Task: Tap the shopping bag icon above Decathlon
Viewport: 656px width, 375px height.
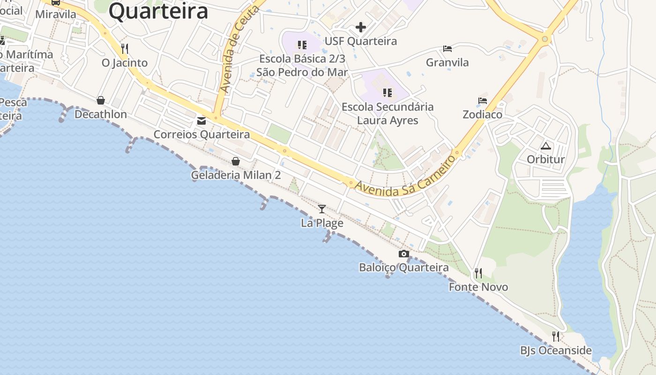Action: coord(101,100)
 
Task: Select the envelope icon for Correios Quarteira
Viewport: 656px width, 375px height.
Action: coord(201,121)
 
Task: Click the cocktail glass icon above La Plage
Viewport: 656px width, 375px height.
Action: coord(322,209)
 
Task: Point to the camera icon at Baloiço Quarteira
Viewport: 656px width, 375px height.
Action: coord(403,254)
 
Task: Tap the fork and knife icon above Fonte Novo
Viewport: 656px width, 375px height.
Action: coord(478,273)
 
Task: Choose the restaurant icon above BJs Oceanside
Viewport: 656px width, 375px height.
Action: coord(556,336)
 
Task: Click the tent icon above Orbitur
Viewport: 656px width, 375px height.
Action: coord(545,146)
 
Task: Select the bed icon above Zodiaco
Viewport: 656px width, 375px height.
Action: coord(483,101)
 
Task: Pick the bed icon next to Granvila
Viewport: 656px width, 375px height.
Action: coord(447,49)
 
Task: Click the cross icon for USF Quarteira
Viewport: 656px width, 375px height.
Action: coord(360,27)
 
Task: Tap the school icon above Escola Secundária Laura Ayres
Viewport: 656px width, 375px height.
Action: coord(387,93)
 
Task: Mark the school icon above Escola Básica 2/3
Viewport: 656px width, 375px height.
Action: coord(302,45)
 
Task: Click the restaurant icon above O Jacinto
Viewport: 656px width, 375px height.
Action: coord(125,49)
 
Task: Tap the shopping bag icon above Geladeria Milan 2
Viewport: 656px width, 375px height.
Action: coord(236,161)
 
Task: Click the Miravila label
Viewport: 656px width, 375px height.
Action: coord(56,14)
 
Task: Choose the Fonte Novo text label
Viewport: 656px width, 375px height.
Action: coord(478,287)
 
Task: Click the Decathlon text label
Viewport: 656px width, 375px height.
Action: coord(101,114)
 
